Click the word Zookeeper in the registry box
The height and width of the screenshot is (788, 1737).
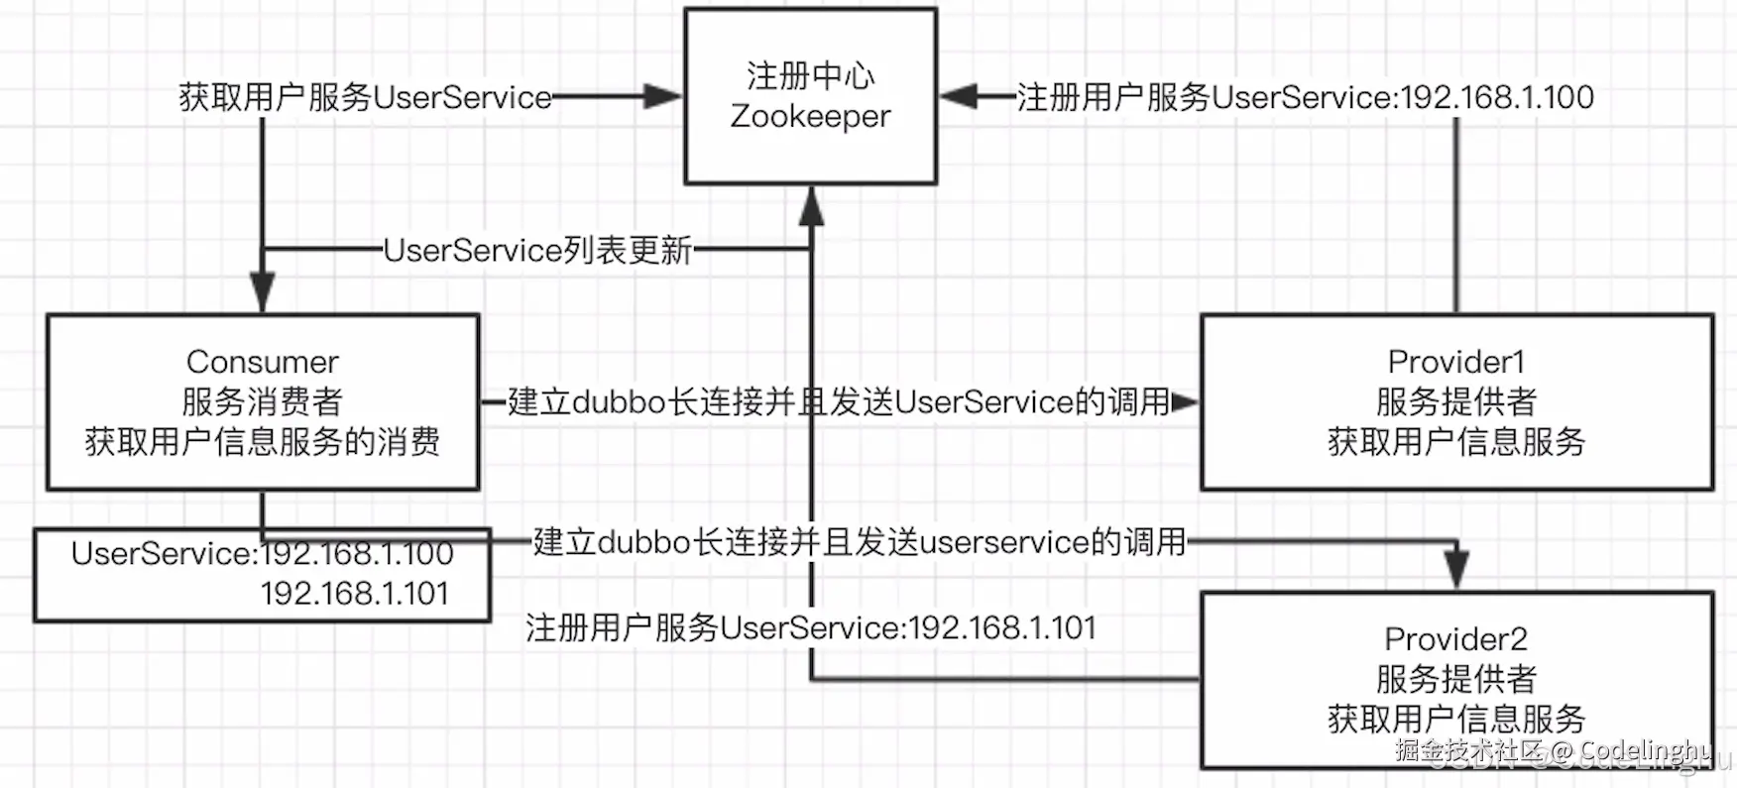(x=810, y=117)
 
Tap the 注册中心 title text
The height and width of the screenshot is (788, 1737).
(x=810, y=75)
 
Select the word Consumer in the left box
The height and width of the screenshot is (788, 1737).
(x=263, y=362)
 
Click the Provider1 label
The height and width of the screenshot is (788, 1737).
(x=1455, y=362)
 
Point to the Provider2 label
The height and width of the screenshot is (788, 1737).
(x=1455, y=639)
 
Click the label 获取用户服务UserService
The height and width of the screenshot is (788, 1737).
(x=365, y=97)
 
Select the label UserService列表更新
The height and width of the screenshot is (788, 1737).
(x=537, y=250)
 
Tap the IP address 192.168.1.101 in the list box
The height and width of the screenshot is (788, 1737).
(x=354, y=593)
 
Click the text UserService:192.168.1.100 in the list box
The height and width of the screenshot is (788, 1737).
(x=263, y=553)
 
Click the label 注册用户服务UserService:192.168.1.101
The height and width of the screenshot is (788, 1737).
(x=810, y=627)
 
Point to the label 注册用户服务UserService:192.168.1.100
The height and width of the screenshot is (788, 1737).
(x=1305, y=97)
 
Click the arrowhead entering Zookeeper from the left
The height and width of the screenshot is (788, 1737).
(x=662, y=96)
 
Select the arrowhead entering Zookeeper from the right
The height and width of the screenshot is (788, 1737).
(x=959, y=96)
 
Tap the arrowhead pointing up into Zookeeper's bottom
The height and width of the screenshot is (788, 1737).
(x=812, y=205)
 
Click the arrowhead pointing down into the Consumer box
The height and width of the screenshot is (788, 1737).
(x=262, y=294)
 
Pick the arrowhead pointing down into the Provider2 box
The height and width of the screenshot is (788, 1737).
(x=1455, y=571)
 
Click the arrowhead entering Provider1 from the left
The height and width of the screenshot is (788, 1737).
(x=1184, y=402)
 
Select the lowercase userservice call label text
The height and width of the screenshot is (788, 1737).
(x=859, y=542)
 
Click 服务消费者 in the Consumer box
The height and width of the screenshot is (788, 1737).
(x=263, y=401)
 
